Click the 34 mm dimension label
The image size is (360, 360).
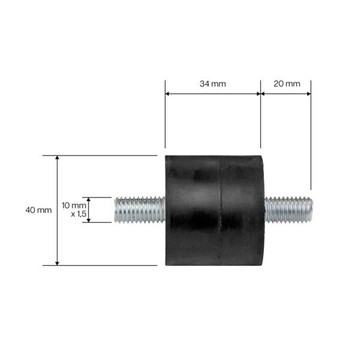[x=212, y=84]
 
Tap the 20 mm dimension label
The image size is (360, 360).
[x=287, y=84]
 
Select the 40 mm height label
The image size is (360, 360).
[x=39, y=210]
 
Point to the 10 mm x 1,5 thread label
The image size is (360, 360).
[x=74, y=209]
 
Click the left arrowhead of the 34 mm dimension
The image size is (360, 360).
[x=168, y=94]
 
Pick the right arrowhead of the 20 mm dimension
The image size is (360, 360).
[x=308, y=94]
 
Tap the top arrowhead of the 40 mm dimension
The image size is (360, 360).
[x=58, y=158]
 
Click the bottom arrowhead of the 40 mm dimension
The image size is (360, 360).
[x=58, y=262]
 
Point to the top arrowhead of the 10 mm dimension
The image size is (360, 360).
[x=88, y=200]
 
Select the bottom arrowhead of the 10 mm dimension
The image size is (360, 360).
[x=88, y=220]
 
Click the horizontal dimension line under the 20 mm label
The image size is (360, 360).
[x=286, y=94]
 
